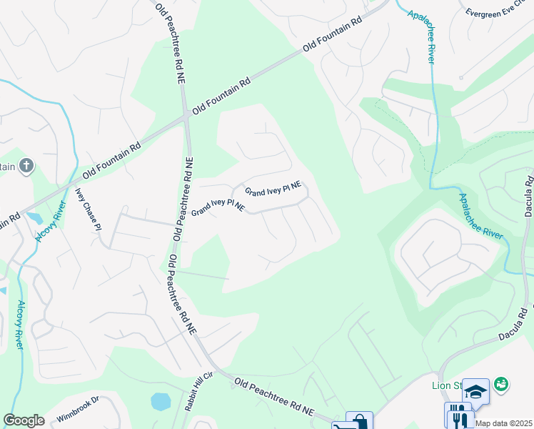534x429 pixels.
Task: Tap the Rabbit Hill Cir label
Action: pos(190,391)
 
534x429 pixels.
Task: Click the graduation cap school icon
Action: pos(475,390)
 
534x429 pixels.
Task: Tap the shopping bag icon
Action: pos(359,420)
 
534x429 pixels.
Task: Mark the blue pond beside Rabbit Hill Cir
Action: pos(161,401)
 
